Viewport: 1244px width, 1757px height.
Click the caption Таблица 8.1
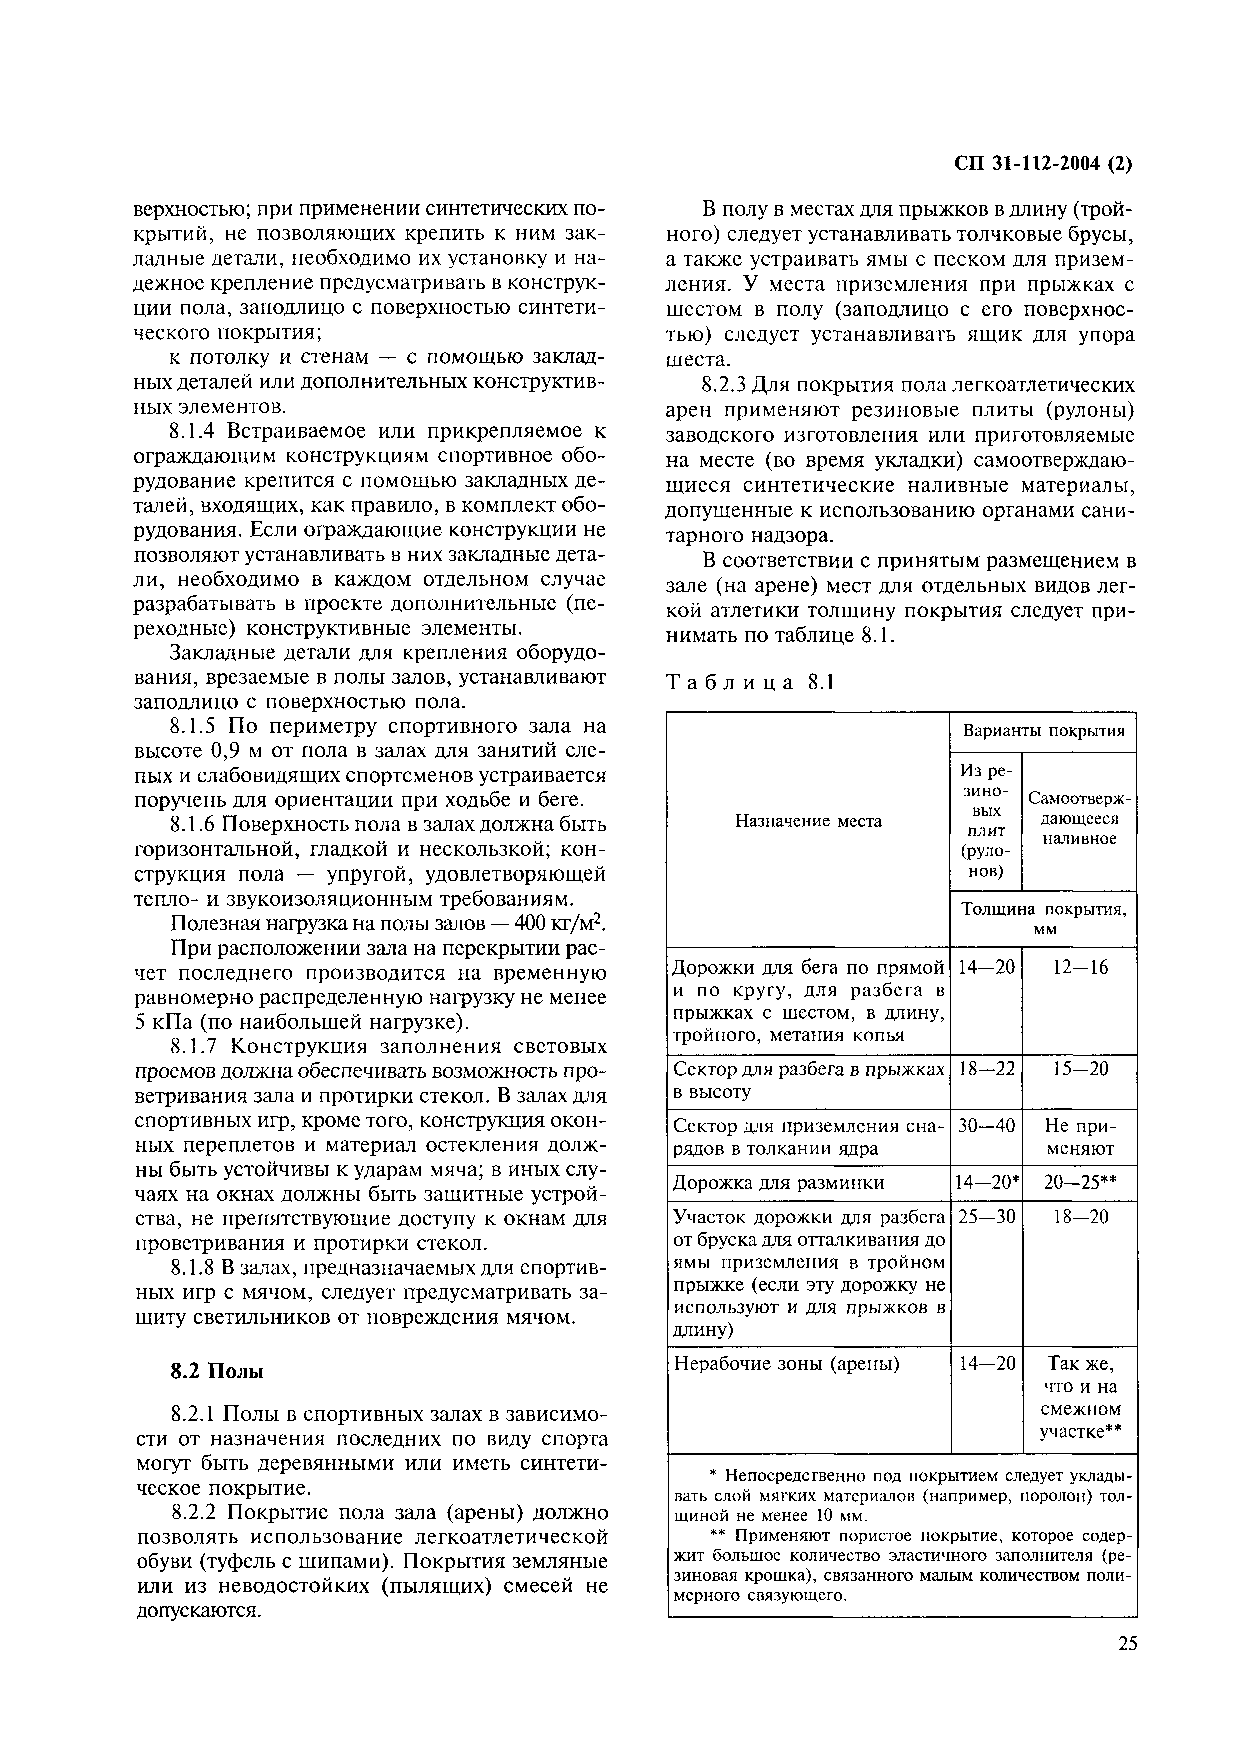[750, 682]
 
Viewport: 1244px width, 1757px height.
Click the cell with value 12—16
[1080, 968]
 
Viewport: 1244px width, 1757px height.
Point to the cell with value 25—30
[986, 1218]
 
